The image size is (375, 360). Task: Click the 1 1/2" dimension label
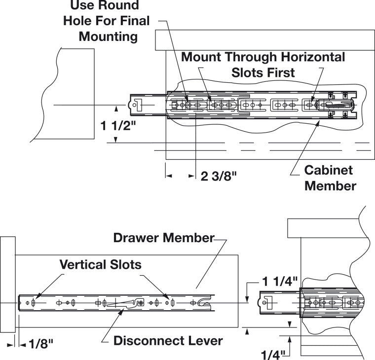pos(118,125)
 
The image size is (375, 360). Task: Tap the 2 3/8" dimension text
pos(219,177)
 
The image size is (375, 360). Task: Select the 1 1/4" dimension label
pos(280,282)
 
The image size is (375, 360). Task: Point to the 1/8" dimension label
pos(40,344)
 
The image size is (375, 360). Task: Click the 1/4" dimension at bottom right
pos(273,355)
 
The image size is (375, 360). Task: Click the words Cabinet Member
pos(330,178)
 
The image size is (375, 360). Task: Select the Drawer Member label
pos(164,238)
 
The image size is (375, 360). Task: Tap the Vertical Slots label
pos(101,265)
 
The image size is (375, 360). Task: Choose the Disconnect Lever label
pos(168,341)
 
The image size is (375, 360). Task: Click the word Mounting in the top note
pos(108,37)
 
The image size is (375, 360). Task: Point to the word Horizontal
pos(313,57)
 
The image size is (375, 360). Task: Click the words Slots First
pos(263,72)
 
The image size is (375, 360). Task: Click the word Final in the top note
pos(135,21)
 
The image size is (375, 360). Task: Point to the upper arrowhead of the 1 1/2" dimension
pos(116,109)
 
